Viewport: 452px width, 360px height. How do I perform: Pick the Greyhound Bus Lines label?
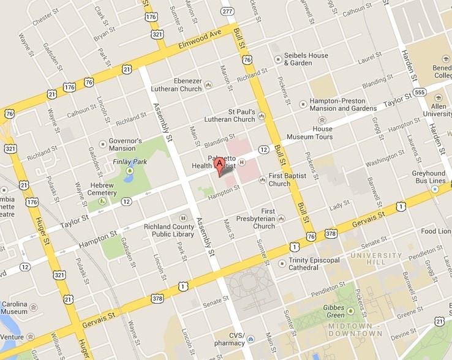[x=429, y=178]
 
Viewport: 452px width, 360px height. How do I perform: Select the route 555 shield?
[x=420, y=92]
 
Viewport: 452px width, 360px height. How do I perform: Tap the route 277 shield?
[x=227, y=11]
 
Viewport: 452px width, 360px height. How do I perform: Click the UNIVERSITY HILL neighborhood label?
[x=376, y=259]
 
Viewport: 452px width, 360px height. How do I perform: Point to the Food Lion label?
[x=436, y=231]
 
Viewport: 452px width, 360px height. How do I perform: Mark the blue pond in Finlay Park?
[x=129, y=178]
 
